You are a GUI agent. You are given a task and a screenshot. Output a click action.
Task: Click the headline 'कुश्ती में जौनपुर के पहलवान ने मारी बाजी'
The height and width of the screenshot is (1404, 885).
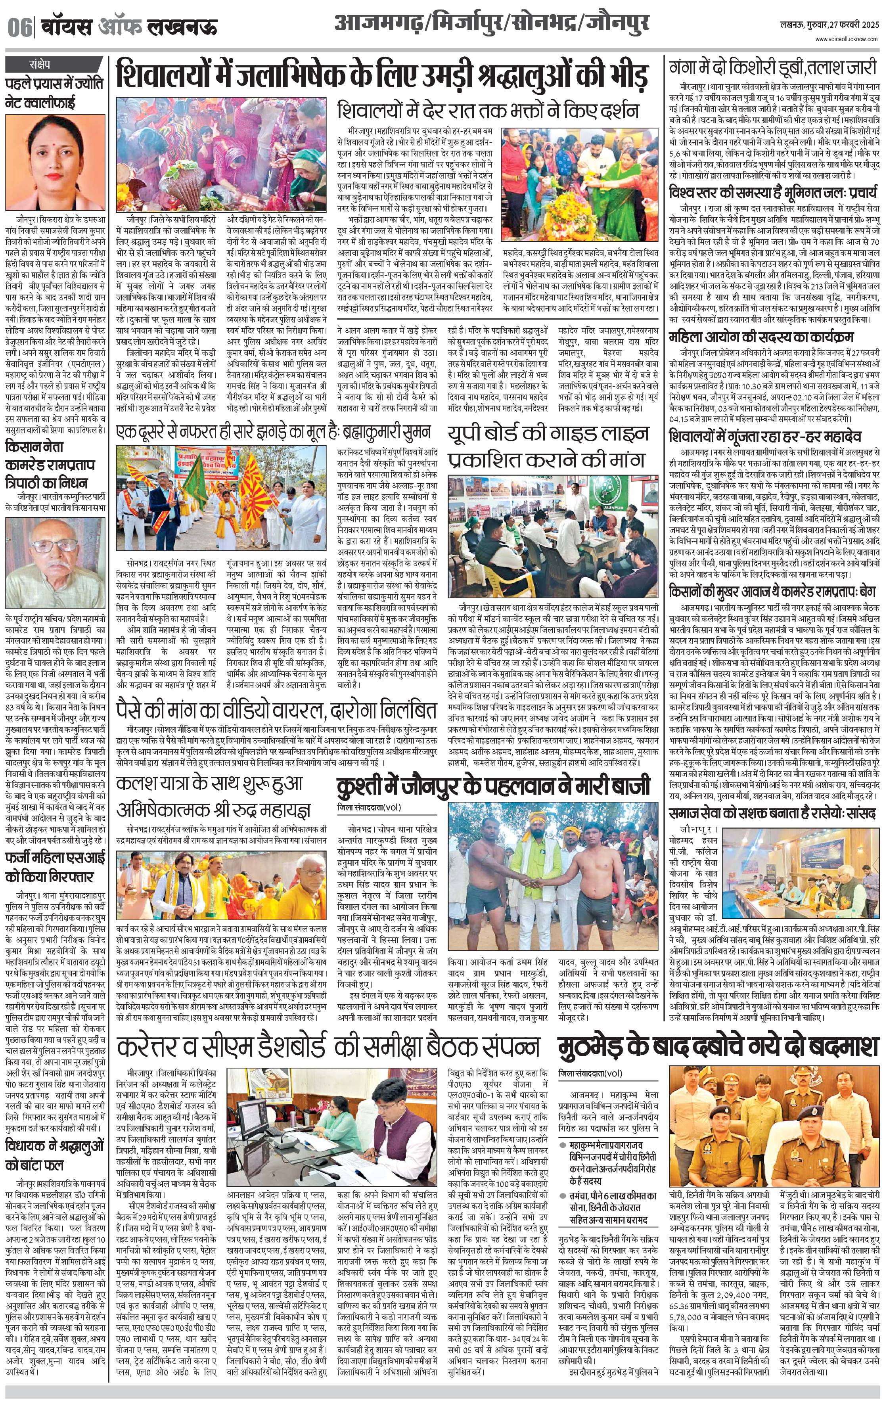click(492, 787)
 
